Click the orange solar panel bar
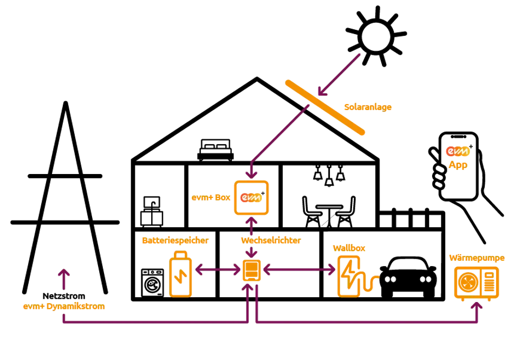(326, 107)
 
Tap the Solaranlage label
(368, 107)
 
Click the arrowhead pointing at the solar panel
(321, 91)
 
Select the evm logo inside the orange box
(251, 198)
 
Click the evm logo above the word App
(457, 151)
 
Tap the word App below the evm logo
(457, 164)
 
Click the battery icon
(180, 275)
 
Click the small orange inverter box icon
(251, 270)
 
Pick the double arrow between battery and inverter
(217, 269)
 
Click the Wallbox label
(349, 247)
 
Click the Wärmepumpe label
(477, 258)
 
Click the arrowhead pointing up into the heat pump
(477, 306)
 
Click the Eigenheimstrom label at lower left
(63, 307)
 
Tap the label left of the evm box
(211, 198)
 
